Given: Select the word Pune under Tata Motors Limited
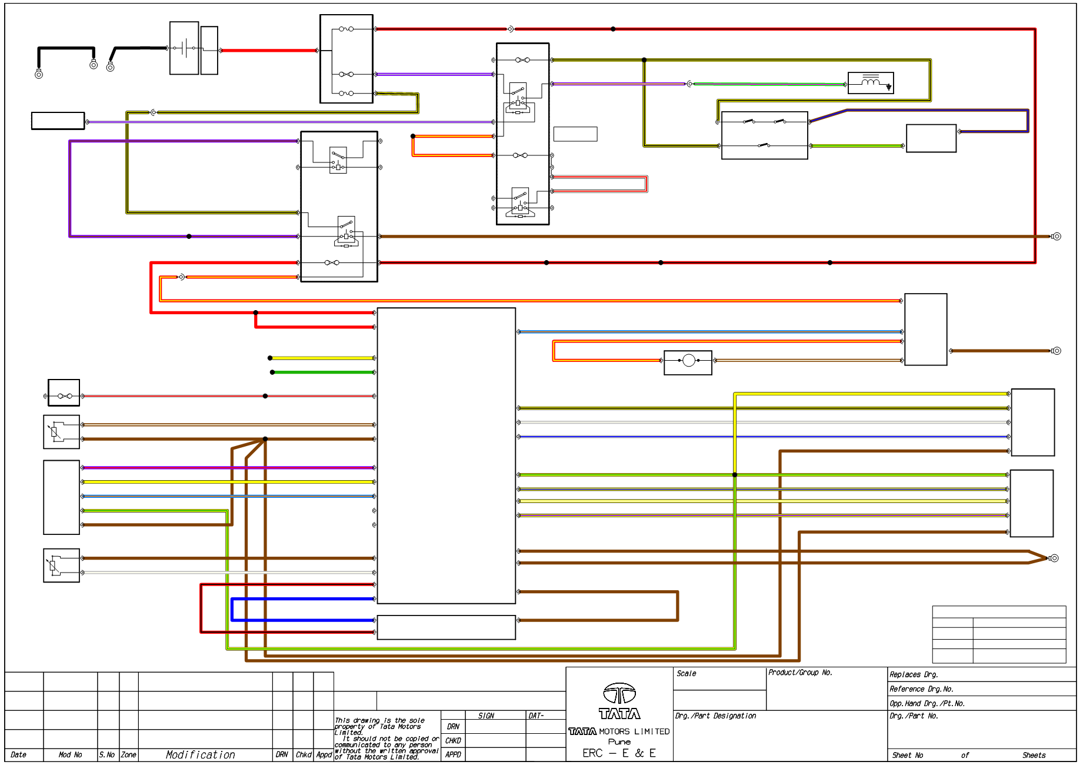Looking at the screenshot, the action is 619,742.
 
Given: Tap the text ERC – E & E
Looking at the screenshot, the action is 619,753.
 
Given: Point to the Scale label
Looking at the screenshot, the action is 686,674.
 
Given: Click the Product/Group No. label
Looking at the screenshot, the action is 800,673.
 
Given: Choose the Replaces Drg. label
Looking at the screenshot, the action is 914,675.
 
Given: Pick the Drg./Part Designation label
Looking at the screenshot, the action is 715,716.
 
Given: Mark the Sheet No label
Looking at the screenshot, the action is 908,756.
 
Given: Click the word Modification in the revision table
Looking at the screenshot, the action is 200,755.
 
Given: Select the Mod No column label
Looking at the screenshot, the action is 70,755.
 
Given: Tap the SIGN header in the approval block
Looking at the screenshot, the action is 486,716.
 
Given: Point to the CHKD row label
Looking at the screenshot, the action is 453,741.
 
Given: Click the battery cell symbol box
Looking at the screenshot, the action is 184,48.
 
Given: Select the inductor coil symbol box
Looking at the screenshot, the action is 871,83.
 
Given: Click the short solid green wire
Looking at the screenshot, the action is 323,372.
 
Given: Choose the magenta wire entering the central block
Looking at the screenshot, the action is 228,468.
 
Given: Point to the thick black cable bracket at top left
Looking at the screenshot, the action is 65,48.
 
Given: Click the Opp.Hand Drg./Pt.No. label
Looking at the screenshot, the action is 927,704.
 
